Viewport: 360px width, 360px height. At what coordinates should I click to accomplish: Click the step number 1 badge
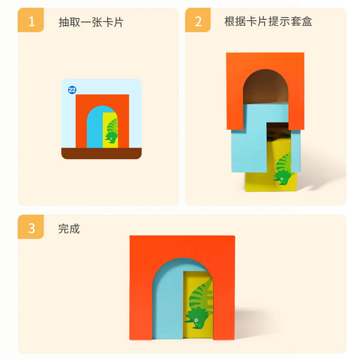[31, 21]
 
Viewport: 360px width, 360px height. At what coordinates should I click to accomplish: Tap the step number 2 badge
[198, 21]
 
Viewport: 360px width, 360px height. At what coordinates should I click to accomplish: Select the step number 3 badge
[31, 228]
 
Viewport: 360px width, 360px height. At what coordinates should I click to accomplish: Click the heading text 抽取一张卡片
[91, 22]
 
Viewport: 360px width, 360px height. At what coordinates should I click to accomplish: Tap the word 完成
[69, 229]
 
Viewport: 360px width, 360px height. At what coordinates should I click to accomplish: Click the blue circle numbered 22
[72, 90]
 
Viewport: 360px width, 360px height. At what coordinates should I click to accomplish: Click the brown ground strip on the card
[101, 153]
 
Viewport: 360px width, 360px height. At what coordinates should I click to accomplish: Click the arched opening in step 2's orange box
[265, 88]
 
